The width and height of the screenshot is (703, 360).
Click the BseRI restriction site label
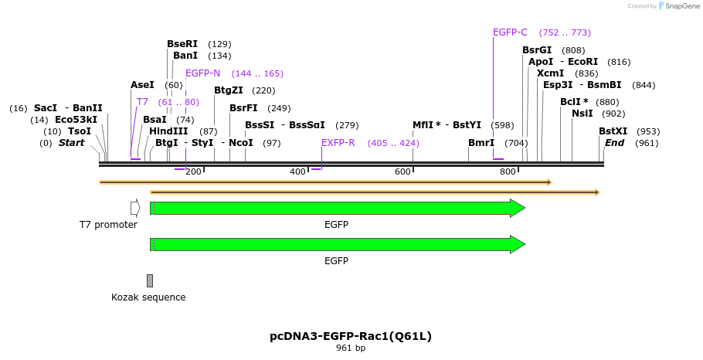pyautogui.click(x=182, y=44)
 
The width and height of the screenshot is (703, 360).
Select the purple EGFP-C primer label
pyautogui.click(x=510, y=32)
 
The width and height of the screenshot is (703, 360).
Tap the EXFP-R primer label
pyautogui.click(x=338, y=143)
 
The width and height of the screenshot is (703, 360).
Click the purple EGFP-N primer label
pyautogui.click(x=202, y=73)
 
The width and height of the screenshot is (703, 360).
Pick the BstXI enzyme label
pyautogui.click(x=613, y=131)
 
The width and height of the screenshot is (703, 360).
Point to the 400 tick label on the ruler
pyautogui.click(x=297, y=172)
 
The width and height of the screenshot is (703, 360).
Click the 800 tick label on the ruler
pyautogui.click(x=508, y=172)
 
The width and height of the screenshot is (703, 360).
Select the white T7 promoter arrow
pyautogui.click(x=135, y=208)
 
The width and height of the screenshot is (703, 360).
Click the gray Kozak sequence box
pyautogui.click(x=150, y=280)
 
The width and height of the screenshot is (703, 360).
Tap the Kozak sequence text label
pyautogui.click(x=148, y=297)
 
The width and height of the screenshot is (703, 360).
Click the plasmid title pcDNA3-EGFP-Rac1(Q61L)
pyautogui.click(x=351, y=336)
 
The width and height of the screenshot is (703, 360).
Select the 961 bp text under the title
pyautogui.click(x=351, y=348)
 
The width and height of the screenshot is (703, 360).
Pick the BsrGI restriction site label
pyautogui.click(x=537, y=50)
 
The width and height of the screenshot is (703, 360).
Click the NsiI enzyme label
pyautogui.click(x=582, y=114)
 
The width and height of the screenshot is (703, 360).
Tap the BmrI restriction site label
pyautogui.click(x=481, y=143)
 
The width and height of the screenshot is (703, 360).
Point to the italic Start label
pyautogui.click(x=71, y=143)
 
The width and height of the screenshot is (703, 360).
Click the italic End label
pyautogui.click(x=614, y=143)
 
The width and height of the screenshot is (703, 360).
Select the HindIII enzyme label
pyautogui.click(x=168, y=131)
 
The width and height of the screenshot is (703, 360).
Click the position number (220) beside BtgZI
pyautogui.click(x=263, y=90)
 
